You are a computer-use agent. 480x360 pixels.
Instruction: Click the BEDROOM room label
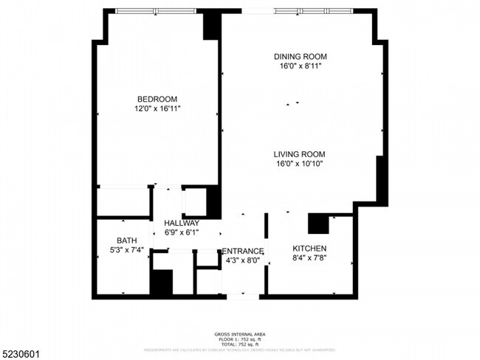click(x=157, y=99)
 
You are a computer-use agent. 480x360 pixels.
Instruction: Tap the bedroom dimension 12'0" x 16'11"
click(x=157, y=108)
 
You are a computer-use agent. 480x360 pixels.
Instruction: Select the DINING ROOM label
click(x=300, y=56)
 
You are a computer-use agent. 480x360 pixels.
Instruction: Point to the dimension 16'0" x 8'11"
click(x=300, y=66)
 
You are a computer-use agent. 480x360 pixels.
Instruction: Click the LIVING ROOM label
click(x=301, y=153)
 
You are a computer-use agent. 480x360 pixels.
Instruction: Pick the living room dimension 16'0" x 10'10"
click(x=301, y=163)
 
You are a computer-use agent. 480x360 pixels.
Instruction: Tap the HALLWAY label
click(x=182, y=223)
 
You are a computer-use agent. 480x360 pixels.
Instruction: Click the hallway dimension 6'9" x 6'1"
click(x=182, y=232)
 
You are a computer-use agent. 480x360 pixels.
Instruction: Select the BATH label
click(x=126, y=240)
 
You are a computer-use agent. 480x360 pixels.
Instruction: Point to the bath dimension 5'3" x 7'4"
click(x=126, y=250)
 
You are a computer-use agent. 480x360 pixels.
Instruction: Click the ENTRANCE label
click(x=242, y=251)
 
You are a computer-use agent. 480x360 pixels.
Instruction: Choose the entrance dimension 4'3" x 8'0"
click(x=242, y=260)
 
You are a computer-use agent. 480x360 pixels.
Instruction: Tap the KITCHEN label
click(x=309, y=248)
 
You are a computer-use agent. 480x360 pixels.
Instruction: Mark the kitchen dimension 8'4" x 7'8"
click(x=309, y=258)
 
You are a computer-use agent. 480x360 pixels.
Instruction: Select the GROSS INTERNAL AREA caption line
click(x=240, y=334)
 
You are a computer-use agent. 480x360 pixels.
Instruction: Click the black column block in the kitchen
click(x=320, y=223)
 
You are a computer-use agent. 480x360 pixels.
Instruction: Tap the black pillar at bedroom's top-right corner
click(x=212, y=27)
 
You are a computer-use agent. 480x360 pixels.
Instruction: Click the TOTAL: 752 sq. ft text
click(x=240, y=345)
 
